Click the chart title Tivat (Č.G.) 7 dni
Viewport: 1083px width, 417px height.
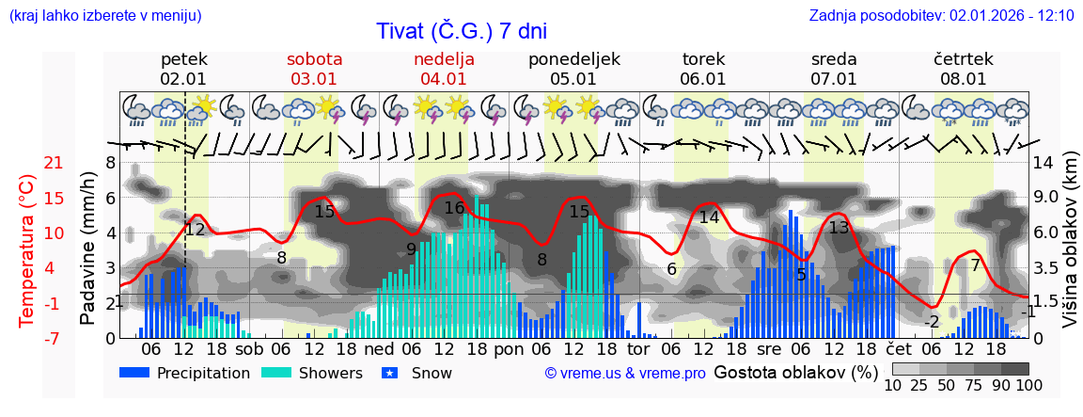click(461, 31)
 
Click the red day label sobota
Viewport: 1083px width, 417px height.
click(314, 59)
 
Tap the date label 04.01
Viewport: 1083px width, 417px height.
click(444, 79)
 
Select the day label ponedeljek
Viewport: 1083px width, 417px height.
click(573, 59)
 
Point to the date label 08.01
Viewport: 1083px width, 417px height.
click(964, 79)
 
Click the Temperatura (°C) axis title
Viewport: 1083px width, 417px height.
click(27, 250)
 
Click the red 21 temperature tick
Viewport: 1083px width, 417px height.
click(27, 163)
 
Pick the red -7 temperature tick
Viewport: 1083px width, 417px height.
click(27, 338)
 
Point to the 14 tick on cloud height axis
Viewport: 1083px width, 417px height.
click(1043, 163)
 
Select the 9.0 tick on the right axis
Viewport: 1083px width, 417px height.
click(1046, 198)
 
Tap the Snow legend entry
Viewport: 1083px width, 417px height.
click(418, 373)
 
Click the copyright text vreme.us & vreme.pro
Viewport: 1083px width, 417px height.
click(625, 373)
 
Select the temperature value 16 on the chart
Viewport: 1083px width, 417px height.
click(454, 208)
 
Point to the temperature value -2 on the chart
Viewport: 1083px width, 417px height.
click(932, 322)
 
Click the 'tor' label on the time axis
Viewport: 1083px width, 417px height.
click(638, 348)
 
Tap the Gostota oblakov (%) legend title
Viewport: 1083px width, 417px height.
click(795, 372)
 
